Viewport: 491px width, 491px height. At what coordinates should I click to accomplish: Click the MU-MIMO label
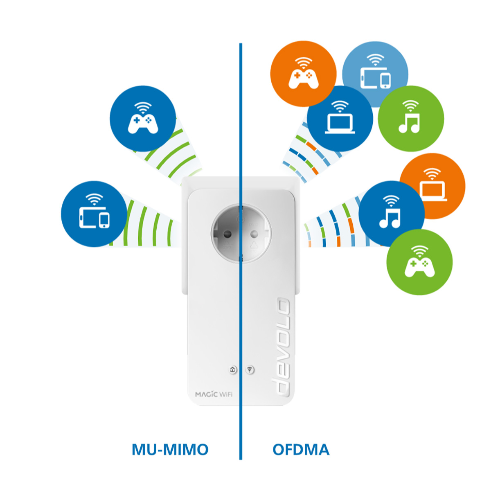pos(170,449)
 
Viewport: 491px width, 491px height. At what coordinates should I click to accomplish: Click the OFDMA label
pos(301,449)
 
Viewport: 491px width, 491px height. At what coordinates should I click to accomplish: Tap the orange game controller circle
pos(303,74)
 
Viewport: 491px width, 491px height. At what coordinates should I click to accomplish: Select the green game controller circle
pos(419,262)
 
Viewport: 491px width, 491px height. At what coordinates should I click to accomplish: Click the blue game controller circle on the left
pos(143,119)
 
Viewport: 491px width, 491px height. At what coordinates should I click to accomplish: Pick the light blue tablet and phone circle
pos(375,74)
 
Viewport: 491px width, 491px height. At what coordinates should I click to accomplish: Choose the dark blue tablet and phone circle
pos(94,214)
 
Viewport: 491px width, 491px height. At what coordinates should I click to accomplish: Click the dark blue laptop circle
pos(340,119)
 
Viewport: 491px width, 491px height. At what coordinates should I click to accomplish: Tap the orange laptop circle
pos(432,186)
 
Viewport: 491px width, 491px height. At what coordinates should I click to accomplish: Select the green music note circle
pos(411,119)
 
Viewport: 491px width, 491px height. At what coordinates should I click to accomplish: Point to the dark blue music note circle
pos(392,214)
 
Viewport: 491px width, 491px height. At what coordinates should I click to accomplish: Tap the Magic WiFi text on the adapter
pos(214,394)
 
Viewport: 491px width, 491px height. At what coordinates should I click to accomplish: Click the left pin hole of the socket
pos(227,233)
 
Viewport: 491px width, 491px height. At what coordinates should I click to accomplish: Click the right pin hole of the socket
pos(254,233)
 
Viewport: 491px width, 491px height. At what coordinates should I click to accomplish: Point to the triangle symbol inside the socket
pos(254,245)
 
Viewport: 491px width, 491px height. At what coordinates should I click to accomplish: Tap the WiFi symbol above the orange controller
pos(303,63)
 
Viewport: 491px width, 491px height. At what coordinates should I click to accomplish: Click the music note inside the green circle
pos(409,123)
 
